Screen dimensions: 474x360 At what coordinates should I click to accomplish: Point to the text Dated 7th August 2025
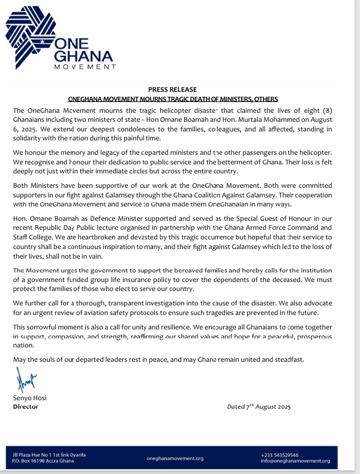(x=259, y=407)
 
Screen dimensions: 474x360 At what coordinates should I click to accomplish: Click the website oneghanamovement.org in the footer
(x=175, y=458)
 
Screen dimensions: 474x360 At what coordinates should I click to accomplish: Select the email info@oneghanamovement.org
(x=295, y=461)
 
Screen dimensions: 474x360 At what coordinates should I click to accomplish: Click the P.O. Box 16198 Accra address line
(x=43, y=461)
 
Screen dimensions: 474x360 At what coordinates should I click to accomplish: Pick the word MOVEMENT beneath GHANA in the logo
(x=85, y=67)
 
